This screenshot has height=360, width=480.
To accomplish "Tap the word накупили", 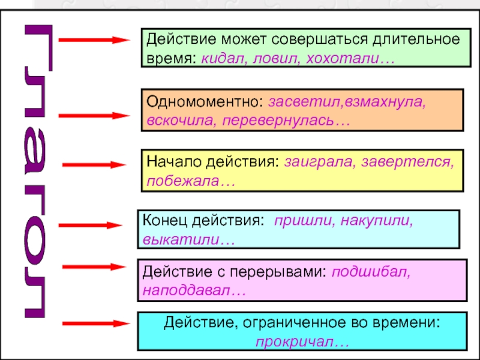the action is tap(377, 220).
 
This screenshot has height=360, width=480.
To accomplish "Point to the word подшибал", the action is tap(371, 271).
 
